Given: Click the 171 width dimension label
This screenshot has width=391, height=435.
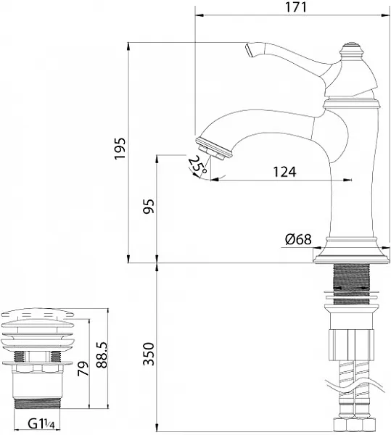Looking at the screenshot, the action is pyautogui.click(x=296, y=7).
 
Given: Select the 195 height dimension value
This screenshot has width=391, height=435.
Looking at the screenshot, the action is pyautogui.click(x=120, y=149).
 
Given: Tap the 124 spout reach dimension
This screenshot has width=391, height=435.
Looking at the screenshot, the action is pyautogui.click(x=284, y=172).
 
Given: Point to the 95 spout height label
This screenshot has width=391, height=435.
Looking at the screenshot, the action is pyautogui.click(x=149, y=207).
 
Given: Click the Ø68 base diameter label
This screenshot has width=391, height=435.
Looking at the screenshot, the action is pyautogui.click(x=298, y=239).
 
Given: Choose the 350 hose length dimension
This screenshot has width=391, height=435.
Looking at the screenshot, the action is pyautogui.click(x=149, y=355).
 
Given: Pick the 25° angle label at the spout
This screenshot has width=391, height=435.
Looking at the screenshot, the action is pyautogui.click(x=197, y=165).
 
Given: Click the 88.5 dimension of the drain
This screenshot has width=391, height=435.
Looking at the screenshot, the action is pyautogui.click(x=102, y=355).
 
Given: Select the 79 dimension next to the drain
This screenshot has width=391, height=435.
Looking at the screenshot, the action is pyautogui.click(x=83, y=369).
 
